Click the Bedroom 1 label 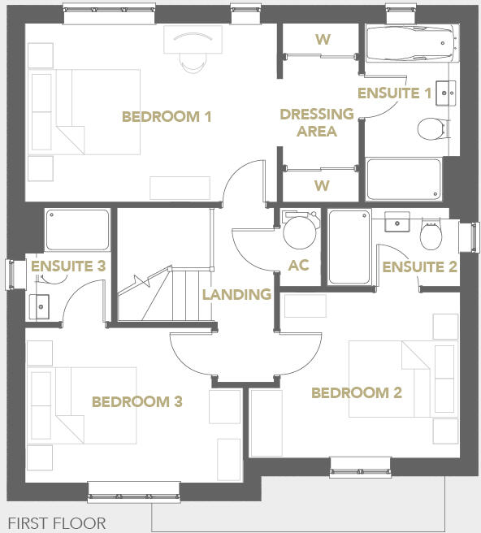(x=167, y=117)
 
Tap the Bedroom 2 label (x=357, y=393)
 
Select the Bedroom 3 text (x=136, y=401)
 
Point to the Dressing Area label (x=317, y=123)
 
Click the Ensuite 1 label (x=395, y=93)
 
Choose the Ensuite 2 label (x=420, y=267)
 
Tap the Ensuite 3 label (x=68, y=266)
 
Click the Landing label (x=236, y=294)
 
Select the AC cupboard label (x=299, y=266)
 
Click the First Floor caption (x=57, y=522)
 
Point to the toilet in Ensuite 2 (x=431, y=236)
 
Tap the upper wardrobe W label (x=322, y=38)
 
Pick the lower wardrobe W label (x=322, y=186)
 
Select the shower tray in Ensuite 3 (x=77, y=231)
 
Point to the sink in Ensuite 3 (x=37, y=307)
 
